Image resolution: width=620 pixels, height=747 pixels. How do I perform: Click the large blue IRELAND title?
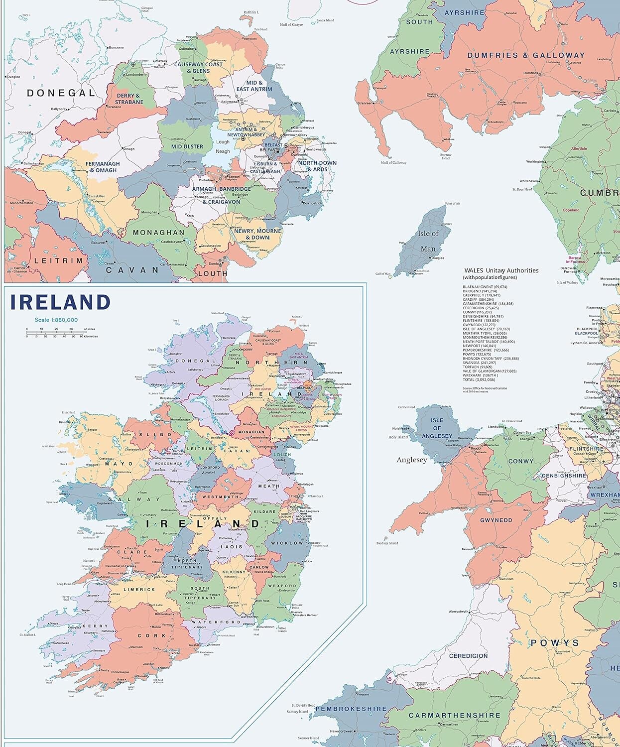click(60, 303)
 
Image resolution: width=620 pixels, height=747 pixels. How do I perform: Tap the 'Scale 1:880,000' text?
click(56, 320)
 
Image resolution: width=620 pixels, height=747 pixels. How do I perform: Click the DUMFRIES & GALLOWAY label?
click(525, 56)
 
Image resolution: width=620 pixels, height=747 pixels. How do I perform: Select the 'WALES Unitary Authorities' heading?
click(501, 270)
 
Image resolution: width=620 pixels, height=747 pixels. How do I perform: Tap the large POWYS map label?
click(555, 643)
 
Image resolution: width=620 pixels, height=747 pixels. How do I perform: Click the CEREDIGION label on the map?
click(468, 656)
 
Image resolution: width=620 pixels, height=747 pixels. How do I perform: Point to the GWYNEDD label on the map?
click(496, 520)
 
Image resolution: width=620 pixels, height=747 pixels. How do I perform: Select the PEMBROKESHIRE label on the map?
click(351, 709)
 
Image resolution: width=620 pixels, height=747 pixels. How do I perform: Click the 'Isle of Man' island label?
click(428, 241)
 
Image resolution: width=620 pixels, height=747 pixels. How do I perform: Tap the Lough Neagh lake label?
click(223, 146)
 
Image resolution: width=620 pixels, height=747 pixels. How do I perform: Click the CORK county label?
click(152, 635)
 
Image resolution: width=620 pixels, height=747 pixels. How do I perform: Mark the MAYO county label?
click(119, 464)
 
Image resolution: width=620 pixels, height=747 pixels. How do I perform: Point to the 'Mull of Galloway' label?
click(393, 162)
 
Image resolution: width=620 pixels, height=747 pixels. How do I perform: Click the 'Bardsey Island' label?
click(387, 543)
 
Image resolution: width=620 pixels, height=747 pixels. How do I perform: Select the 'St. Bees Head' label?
click(522, 189)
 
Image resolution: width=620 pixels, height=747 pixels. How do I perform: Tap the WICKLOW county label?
click(287, 543)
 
